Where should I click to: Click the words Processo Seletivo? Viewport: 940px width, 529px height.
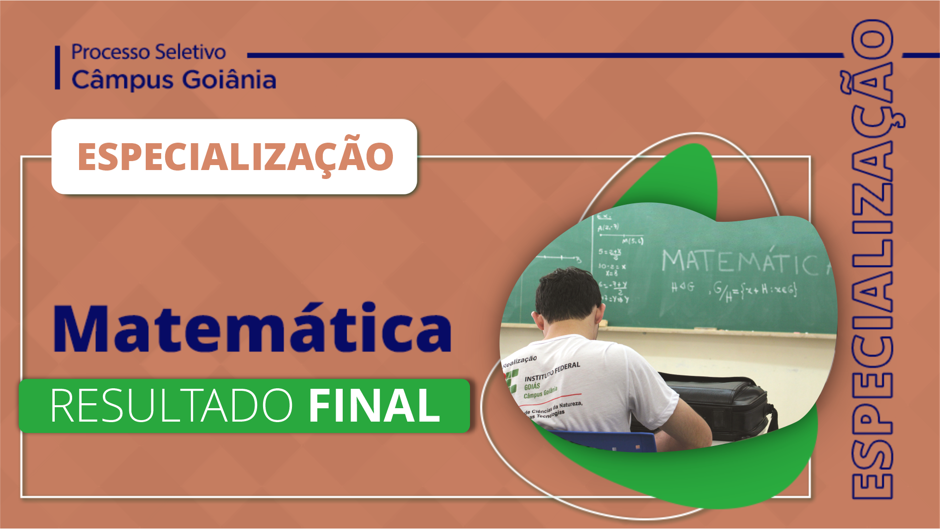point(148,52)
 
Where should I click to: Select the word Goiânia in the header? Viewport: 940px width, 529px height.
point(229,80)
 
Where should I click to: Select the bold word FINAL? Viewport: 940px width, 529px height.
point(375,406)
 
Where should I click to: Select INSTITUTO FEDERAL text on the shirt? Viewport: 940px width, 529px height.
point(552,371)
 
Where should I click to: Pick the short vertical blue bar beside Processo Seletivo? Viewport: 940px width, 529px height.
point(58,68)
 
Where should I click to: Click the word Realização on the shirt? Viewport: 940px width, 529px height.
point(519,361)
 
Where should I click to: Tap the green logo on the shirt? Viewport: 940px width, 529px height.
point(512,381)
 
